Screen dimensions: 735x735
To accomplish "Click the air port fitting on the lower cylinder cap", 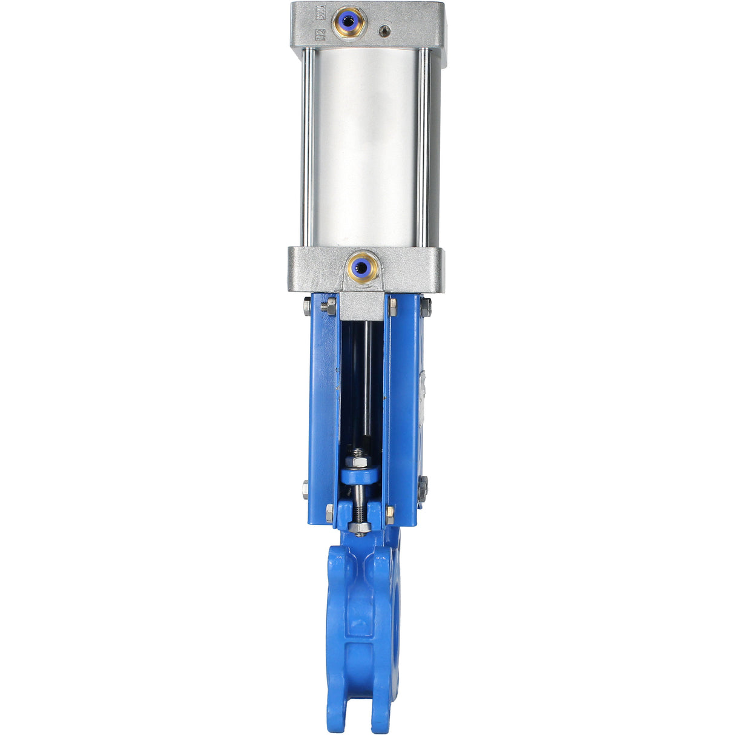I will pyautogui.click(x=361, y=265).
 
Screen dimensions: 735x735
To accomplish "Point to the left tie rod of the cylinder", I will pyautogui.click(x=308, y=145).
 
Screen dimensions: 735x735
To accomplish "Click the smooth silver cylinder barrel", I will pyautogui.click(x=366, y=145).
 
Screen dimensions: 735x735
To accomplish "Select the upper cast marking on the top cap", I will pyautogui.click(x=321, y=12).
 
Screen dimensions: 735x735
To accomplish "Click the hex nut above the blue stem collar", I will pyautogui.click(x=358, y=453).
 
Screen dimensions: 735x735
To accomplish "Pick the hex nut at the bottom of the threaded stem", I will pyautogui.click(x=360, y=528).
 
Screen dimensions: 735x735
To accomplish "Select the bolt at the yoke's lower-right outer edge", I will pyautogui.click(x=422, y=484).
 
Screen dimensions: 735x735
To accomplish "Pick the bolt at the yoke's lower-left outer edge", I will pyautogui.click(x=305, y=488).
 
